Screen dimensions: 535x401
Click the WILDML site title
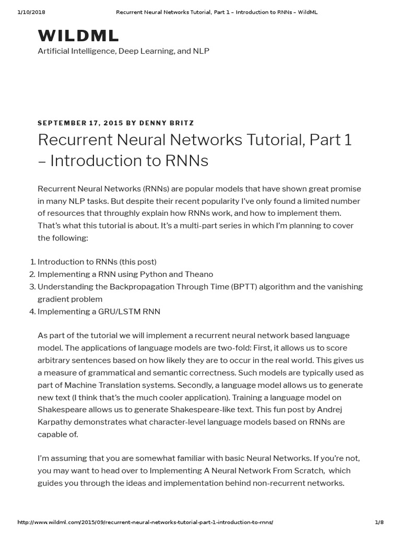(78, 36)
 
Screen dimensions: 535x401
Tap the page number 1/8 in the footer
(379, 522)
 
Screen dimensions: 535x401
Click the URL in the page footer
(145, 522)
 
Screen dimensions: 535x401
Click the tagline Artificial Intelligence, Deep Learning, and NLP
(123, 52)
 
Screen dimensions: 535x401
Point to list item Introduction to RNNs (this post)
(97, 262)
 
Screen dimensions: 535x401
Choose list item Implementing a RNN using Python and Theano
(125, 274)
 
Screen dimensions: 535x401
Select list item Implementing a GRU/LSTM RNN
(99, 312)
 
